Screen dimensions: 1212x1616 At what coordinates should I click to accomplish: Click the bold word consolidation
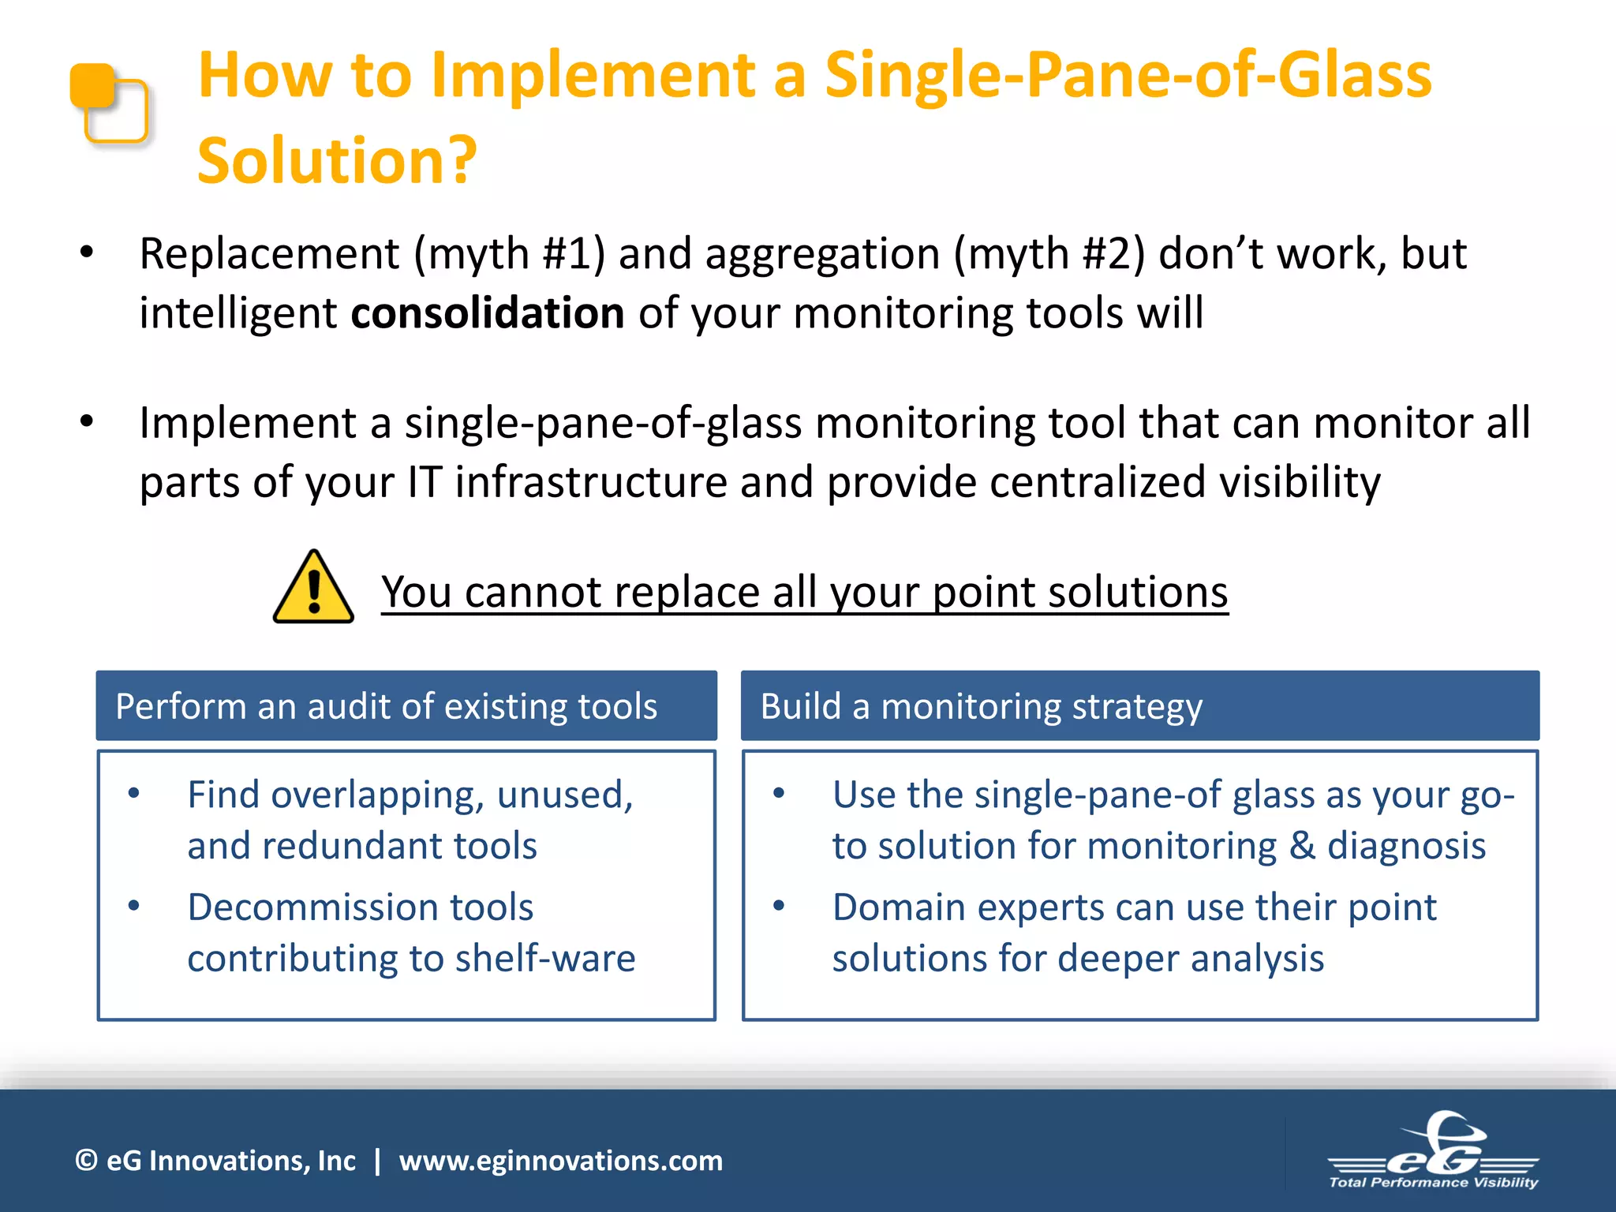[488, 313]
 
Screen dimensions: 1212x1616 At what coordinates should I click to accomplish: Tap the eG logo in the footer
[1434, 1153]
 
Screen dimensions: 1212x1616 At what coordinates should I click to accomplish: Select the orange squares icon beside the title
[109, 103]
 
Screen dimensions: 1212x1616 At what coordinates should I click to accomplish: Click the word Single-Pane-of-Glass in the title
[1128, 75]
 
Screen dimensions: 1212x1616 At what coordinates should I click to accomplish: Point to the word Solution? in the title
[337, 160]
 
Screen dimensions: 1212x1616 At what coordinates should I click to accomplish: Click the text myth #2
[1049, 254]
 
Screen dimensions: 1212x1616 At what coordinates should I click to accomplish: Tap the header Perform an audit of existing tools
[386, 706]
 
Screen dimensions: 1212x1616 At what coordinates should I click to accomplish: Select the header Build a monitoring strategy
[981, 706]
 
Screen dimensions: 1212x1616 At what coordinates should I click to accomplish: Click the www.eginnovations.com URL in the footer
[560, 1161]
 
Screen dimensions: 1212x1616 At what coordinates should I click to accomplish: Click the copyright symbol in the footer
[85, 1161]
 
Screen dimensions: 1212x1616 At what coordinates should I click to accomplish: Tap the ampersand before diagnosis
[1301, 846]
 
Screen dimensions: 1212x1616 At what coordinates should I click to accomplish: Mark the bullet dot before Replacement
[87, 252]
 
